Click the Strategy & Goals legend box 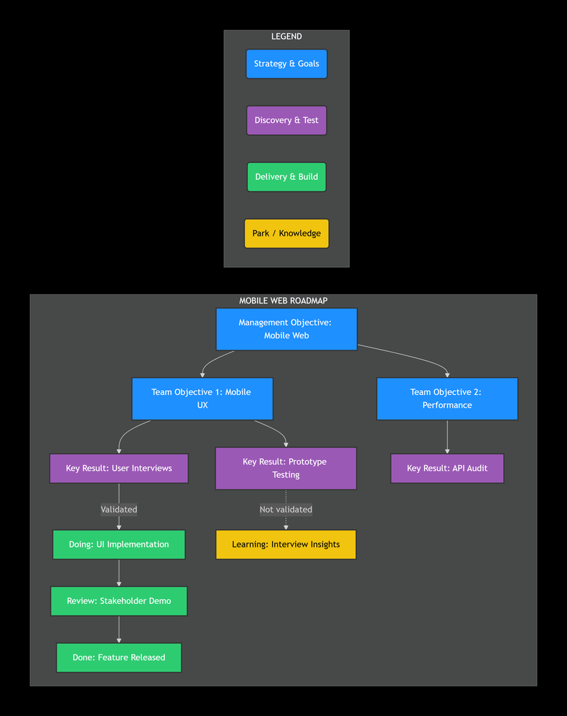(x=286, y=64)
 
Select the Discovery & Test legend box (x=286, y=120)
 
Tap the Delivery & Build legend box (x=286, y=177)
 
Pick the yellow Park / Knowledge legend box (x=286, y=234)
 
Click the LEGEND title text (x=286, y=36)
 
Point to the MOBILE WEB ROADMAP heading (x=283, y=301)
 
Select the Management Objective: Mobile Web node (x=286, y=329)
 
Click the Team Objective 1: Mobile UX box (x=202, y=399)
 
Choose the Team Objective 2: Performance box (x=447, y=399)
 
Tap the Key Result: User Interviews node (x=119, y=468)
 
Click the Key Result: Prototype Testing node (x=286, y=468)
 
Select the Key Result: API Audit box (x=447, y=468)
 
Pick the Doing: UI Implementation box (x=119, y=545)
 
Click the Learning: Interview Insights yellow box (x=286, y=545)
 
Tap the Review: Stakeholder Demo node (x=119, y=601)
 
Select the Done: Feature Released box (x=119, y=658)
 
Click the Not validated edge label (x=286, y=510)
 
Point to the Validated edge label (x=119, y=510)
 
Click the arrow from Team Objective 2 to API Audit (x=447, y=437)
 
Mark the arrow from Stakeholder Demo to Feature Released (x=119, y=630)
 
